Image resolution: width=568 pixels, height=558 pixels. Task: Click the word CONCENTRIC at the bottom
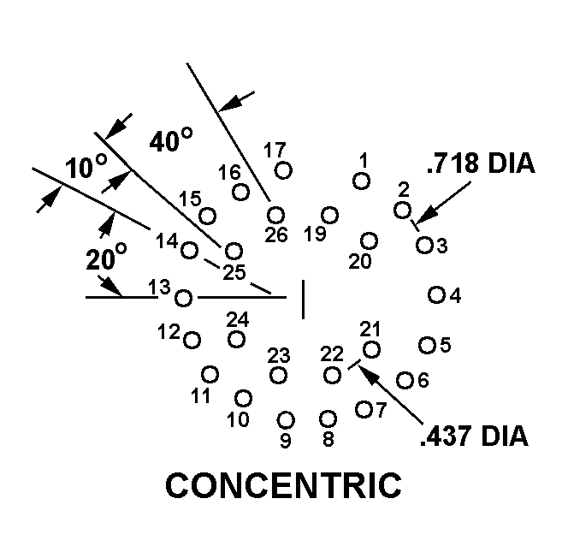[x=283, y=485]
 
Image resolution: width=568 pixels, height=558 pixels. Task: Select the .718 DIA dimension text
[x=481, y=163]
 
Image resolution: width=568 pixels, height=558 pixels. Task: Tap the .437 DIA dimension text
[x=474, y=436]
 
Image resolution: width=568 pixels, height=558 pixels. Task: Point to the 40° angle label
[x=170, y=140]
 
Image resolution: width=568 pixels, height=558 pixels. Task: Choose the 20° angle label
[x=106, y=258]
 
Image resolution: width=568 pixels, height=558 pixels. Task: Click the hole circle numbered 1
[x=362, y=181]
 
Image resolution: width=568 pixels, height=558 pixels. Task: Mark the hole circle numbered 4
[x=436, y=295]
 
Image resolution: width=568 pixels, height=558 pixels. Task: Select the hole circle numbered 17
[x=284, y=170]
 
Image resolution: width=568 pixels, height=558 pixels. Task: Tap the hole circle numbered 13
[x=184, y=298]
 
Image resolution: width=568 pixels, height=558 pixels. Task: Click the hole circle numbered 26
[x=275, y=215]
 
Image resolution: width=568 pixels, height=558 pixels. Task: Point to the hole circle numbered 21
[x=371, y=349]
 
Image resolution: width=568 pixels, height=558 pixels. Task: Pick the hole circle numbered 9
[x=286, y=419]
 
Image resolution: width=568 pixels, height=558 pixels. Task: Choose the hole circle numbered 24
[x=237, y=339]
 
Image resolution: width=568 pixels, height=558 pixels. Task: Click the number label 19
[x=316, y=234]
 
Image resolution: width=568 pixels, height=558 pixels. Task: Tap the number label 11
[x=200, y=396]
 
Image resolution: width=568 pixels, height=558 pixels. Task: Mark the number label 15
[x=190, y=199]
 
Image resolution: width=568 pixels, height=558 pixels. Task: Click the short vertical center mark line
[x=303, y=299]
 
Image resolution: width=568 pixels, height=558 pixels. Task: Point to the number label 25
[x=234, y=273]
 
